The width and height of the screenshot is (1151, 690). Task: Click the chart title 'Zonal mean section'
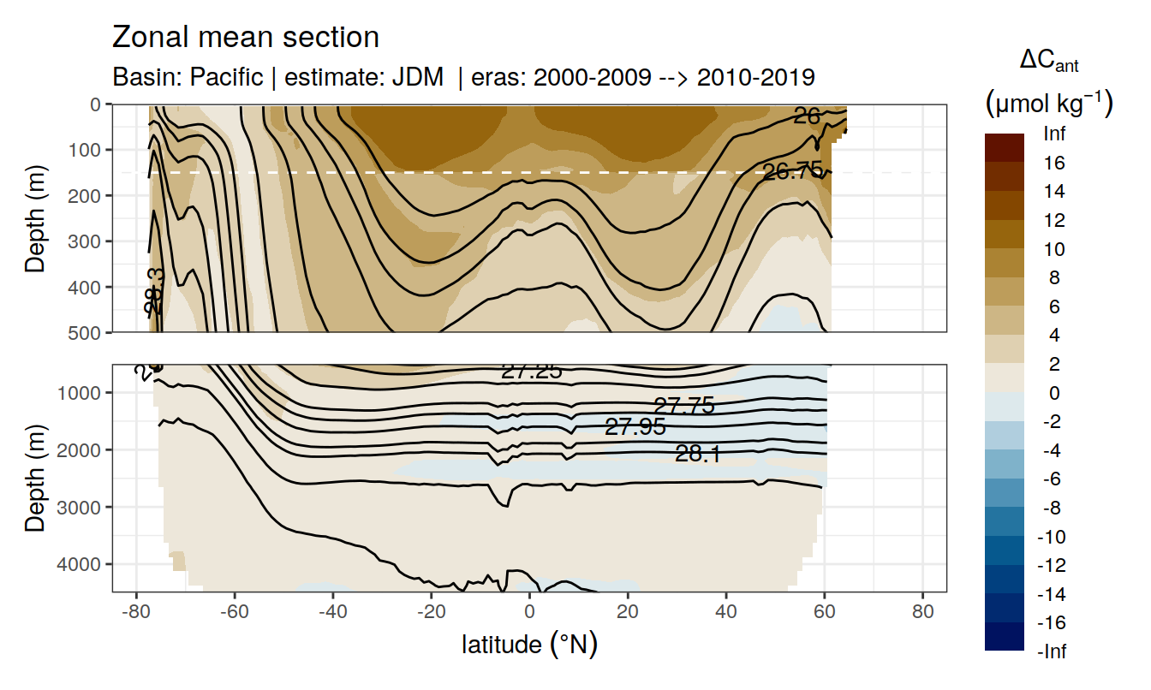click(246, 38)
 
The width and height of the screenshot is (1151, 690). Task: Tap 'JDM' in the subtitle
click(418, 77)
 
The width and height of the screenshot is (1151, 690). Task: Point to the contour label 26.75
click(792, 171)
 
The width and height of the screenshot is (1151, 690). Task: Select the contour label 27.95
click(635, 426)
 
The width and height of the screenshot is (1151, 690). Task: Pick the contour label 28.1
click(697, 454)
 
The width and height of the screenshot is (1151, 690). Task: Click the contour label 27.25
click(531, 371)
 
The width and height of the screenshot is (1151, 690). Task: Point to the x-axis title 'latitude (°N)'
click(529, 644)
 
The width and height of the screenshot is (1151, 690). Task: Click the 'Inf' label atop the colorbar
click(1053, 134)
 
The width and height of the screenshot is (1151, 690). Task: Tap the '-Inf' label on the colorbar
click(1053, 651)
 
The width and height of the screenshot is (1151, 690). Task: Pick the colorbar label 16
click(1055, 163)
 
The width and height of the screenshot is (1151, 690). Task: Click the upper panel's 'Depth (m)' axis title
click(35, 217)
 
